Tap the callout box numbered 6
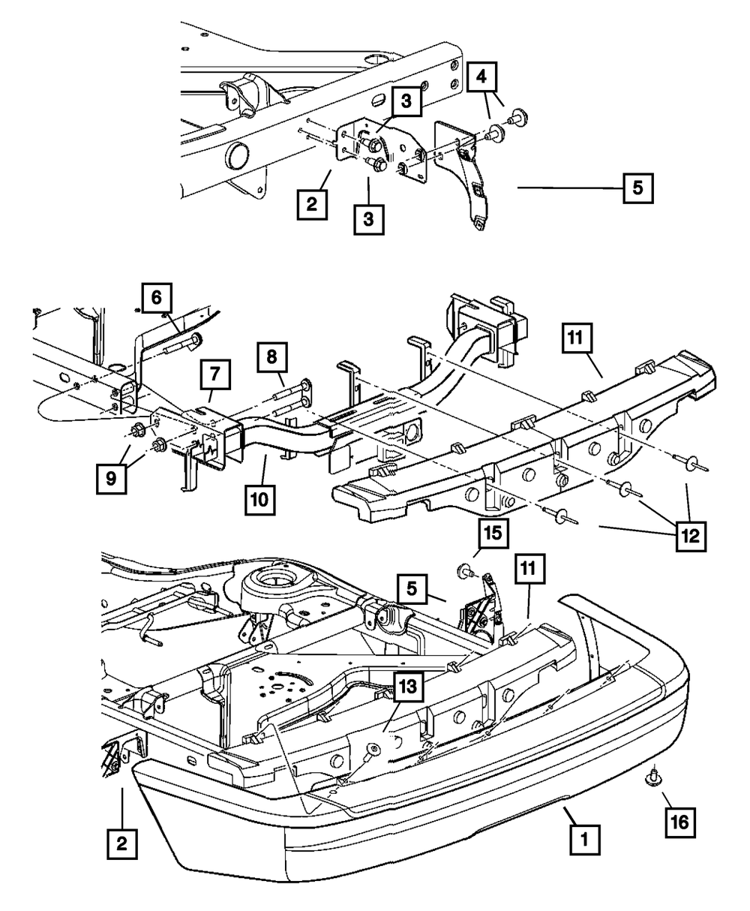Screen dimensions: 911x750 pyautogui.click(x=157, y=298)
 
